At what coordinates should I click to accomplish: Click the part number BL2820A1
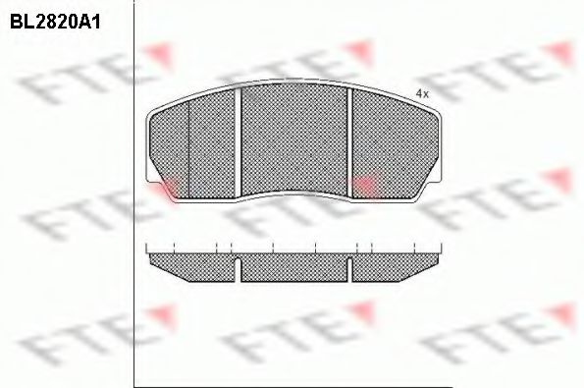(x=55, y=23)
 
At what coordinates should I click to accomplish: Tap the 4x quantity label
(x=422, y=94)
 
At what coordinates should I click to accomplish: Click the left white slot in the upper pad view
(x=238, y=142)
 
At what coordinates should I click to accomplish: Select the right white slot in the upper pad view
(x=349, y=142)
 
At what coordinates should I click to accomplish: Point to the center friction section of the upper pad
(x=293, y=139)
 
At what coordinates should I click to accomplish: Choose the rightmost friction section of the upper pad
(x=395, y=145)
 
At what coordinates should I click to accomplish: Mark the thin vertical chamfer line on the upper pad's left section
(x=188, y=149)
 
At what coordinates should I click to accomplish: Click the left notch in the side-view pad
(x=238, y=269)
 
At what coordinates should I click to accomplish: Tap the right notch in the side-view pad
(x=349, y=269)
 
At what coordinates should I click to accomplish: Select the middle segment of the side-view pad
(x=293, y=267)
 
